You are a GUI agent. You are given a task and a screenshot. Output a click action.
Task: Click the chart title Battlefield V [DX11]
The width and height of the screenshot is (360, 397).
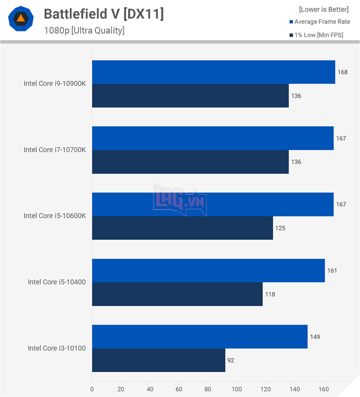103,14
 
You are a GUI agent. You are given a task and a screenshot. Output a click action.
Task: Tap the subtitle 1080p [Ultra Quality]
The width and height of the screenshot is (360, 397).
84,30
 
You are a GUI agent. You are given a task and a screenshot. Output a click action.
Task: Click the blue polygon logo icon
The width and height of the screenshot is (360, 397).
20,19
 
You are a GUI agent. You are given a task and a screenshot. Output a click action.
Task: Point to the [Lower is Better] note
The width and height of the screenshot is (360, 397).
323,9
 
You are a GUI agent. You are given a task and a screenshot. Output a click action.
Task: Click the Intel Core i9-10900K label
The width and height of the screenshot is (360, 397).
55,83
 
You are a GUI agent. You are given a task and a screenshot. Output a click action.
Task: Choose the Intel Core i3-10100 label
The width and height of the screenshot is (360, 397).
57,348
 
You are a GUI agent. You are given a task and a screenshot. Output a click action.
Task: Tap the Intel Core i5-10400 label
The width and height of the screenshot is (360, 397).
57,282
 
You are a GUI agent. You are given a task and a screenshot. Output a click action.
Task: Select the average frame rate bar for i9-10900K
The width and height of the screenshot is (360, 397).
213,72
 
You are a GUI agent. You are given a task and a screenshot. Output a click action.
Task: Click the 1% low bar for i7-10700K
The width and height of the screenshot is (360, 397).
190,162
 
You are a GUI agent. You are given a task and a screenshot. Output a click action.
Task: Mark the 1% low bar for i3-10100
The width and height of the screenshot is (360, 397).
158,360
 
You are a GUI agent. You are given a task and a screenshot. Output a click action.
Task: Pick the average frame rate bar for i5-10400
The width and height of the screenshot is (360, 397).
208,270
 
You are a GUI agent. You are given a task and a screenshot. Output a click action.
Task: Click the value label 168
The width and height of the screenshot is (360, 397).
343,72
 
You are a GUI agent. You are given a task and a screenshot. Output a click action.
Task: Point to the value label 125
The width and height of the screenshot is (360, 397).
280,228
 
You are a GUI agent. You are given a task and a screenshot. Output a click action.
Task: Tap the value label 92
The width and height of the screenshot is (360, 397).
231,360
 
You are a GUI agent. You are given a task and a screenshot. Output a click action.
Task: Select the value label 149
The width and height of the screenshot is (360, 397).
315,336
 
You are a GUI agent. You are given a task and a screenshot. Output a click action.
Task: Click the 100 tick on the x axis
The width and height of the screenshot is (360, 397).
237,390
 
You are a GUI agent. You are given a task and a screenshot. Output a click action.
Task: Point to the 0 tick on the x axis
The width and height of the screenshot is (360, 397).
92,390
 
